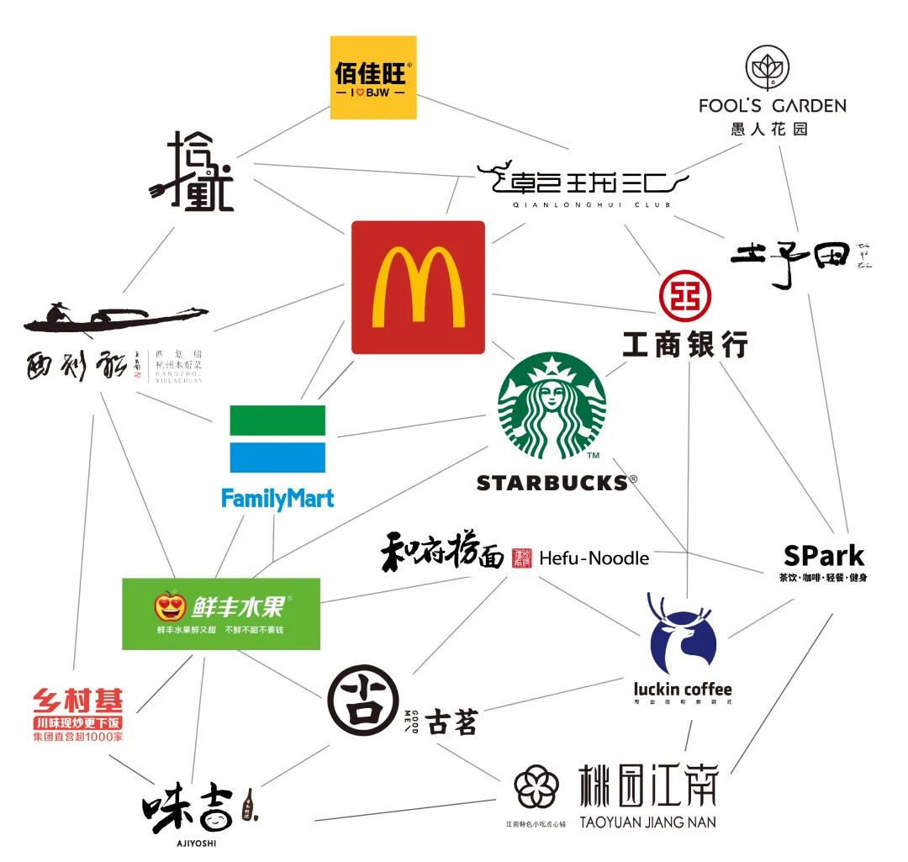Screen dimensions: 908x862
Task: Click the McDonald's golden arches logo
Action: (x=418, y=288)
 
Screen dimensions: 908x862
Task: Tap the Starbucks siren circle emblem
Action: (x=552, y=405)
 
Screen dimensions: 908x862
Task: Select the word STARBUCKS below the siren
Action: (x=552, y=483)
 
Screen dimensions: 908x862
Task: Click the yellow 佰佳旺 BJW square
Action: (x=372, y=77)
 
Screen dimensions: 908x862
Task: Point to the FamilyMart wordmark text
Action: (x=277, y=498)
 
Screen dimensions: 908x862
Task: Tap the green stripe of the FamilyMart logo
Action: (x=277, y=420)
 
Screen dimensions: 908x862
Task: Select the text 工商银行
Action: (x=684, y=343)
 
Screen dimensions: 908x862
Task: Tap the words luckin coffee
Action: (x=682, y=690)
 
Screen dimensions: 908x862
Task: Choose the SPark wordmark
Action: (x=823, y=555)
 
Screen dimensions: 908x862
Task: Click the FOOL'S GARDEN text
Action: (x=772, y=105)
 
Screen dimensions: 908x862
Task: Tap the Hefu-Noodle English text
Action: (x=594, y=558)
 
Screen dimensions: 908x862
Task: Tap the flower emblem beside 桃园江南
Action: (x=536, y=788)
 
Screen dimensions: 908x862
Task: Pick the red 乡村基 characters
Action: (x=77, y=701)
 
